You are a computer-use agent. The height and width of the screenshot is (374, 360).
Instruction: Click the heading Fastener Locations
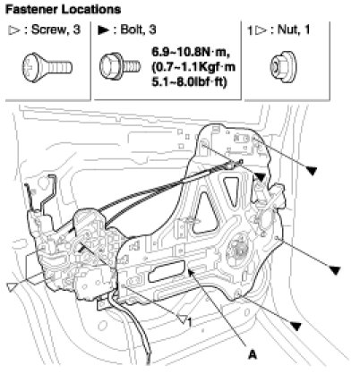click(x=63, y=10)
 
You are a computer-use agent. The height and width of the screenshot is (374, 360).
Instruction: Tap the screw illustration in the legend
click(x=47, y=67)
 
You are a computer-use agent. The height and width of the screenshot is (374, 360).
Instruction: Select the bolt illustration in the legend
click(x=119, y=66)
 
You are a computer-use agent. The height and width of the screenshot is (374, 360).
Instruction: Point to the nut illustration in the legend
click(x=283, y=67)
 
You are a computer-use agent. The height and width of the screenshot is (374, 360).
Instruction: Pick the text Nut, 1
click(x=294, y=30)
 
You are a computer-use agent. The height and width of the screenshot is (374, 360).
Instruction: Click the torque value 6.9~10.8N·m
click(x=191, y=52)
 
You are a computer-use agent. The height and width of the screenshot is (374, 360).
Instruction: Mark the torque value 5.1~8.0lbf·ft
click(x=190, y=81)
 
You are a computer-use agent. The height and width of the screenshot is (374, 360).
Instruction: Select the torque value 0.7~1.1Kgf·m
click(x=193, y=67)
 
